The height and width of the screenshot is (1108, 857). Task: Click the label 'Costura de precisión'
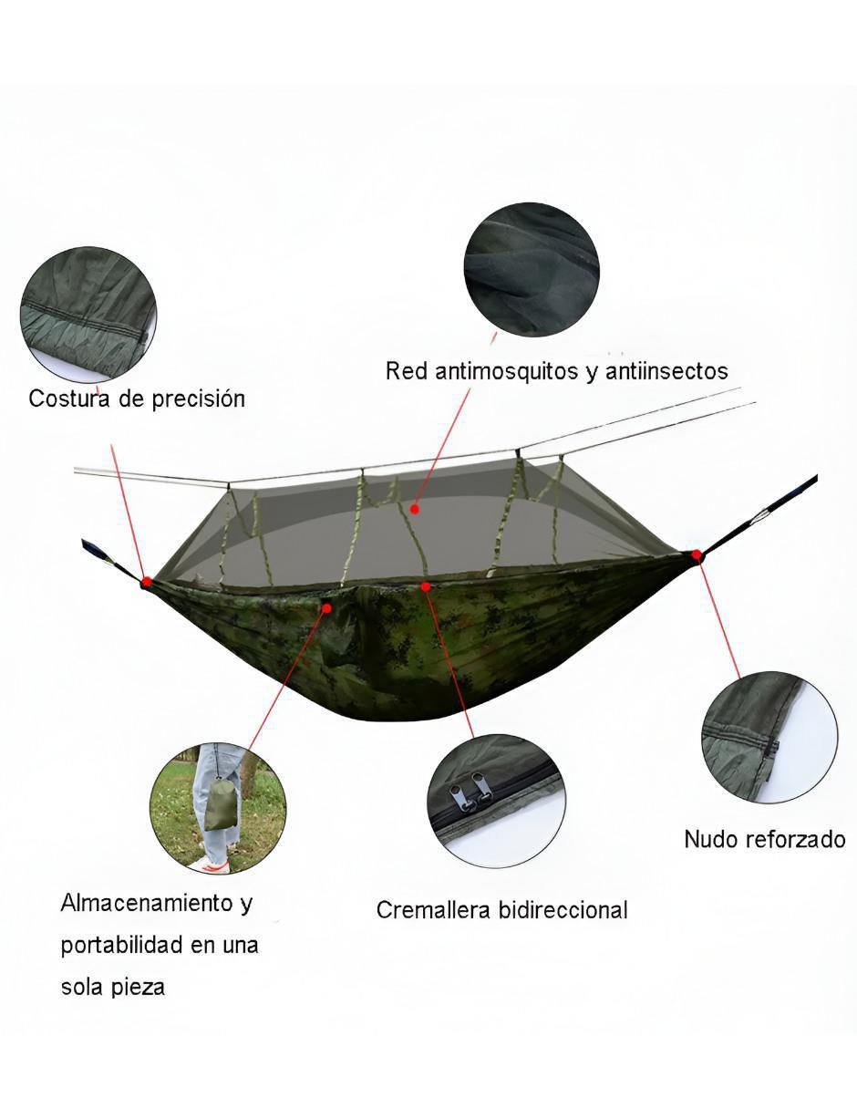click(137, 399)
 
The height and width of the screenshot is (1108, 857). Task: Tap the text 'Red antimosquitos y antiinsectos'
click(556, 371)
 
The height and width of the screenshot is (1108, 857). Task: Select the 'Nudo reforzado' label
click(765, 839)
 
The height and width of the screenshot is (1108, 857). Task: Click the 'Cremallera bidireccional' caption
click(501, 910)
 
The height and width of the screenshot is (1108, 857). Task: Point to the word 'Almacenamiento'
click(147, 903)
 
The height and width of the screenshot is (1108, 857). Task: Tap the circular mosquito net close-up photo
click(532, 270)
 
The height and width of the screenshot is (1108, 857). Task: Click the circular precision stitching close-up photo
click(88, 315)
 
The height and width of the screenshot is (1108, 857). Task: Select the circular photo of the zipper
click(496, 801)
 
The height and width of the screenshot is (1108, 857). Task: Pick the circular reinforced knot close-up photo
click(769, 738)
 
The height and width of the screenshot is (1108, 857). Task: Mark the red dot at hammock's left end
click(147, 581)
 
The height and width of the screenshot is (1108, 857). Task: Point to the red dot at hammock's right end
click(697, 554)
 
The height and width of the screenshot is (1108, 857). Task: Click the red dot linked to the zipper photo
click(426, 587)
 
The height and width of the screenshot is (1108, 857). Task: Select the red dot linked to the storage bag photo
click(327, 608)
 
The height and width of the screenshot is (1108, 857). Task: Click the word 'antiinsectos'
click(666, 371)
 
